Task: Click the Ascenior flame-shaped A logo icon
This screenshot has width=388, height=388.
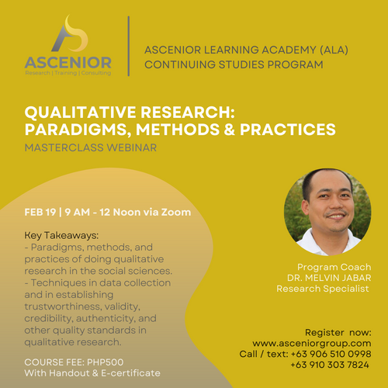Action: pyautogui.click(x=69, y=35)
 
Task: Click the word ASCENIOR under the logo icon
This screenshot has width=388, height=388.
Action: pyautogui.click(x=68, y=63)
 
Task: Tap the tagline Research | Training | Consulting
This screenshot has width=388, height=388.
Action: pyautogui.click(x=68, y=73)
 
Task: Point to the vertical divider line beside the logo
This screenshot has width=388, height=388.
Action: pyautogui.click(x=129, y=46)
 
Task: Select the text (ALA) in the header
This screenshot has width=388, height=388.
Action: pyautogui.click(x=334, y=50)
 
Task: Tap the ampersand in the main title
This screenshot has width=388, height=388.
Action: pyautogui.click(x=229, y=130)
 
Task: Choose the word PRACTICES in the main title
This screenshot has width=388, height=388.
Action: pyautogui.click(x=288, y=130)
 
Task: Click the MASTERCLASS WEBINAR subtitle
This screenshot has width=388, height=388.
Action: pyautogui.click(x=91, y=147)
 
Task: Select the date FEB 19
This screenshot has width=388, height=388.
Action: pyautogui.click(x=40, y=212)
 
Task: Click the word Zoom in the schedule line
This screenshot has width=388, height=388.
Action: pyautogui.click(x=176, y=212)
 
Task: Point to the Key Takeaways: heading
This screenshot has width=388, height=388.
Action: pyautogui.click(x=61, y=236)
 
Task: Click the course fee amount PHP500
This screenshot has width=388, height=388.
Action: pyautogui.click(x=106, y=362)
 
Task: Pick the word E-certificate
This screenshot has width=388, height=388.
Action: pyautogui.click(x=130, y=373)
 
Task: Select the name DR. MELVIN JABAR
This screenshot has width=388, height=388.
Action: pyautogui.click(x=329, y=278)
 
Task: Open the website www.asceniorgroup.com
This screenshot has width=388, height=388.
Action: pyautogui.click(x=312, y=344)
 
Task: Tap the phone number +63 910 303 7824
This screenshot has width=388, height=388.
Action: pyautogui.click(x=330, y=365)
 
